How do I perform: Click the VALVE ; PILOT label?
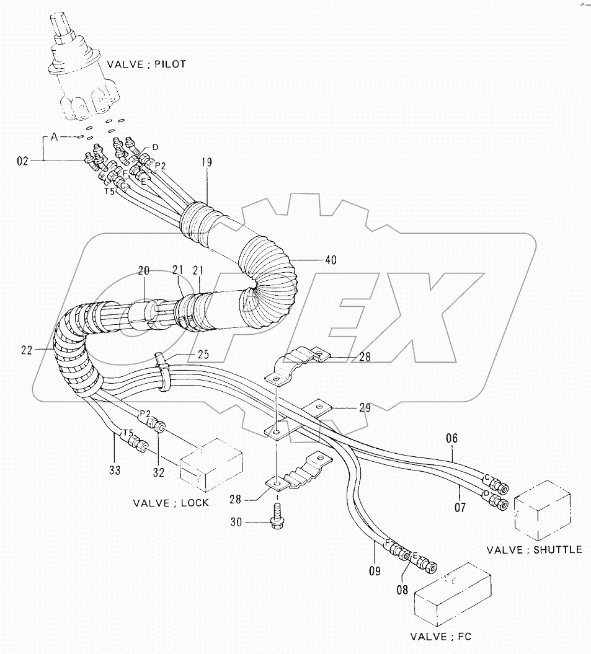pyautogui.click(x=146, y=64)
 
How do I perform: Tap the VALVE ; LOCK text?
pyautogui.click(x=171, y=502)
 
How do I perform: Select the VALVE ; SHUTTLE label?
pyautogui.click(x=534, y=549)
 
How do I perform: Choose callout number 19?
pyautogui.click(x=207, y=163)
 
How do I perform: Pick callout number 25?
pyautogui.click(x=203, y=355)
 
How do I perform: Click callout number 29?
pyautogui.click(x=364, y=407)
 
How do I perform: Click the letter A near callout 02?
pyautogui.click(x=54, y=138)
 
